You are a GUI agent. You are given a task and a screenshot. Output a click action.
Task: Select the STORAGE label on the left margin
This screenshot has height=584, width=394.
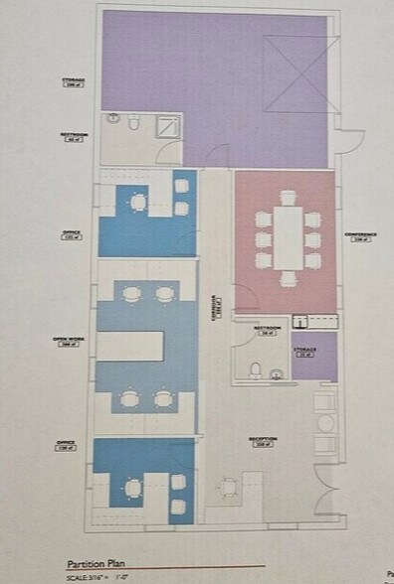(x=73, y=81)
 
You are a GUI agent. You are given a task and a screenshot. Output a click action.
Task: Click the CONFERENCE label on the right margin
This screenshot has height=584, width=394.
(x=359, y=236)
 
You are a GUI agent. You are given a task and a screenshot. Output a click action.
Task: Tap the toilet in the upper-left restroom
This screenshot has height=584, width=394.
(x=113, y=121)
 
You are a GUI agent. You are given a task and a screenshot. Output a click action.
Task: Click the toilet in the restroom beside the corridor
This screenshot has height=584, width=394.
(x=256, y=370)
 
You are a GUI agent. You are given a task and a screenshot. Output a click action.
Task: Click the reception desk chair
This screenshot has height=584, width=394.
(x=231, y=485)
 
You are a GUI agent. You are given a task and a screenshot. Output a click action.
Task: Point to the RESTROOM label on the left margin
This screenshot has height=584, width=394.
(x=73, y=137)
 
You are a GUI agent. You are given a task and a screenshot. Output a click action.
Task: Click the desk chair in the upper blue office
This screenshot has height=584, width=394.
(x=137, y=204)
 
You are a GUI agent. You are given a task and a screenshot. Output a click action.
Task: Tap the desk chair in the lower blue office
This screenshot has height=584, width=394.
(x=134, y=488)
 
